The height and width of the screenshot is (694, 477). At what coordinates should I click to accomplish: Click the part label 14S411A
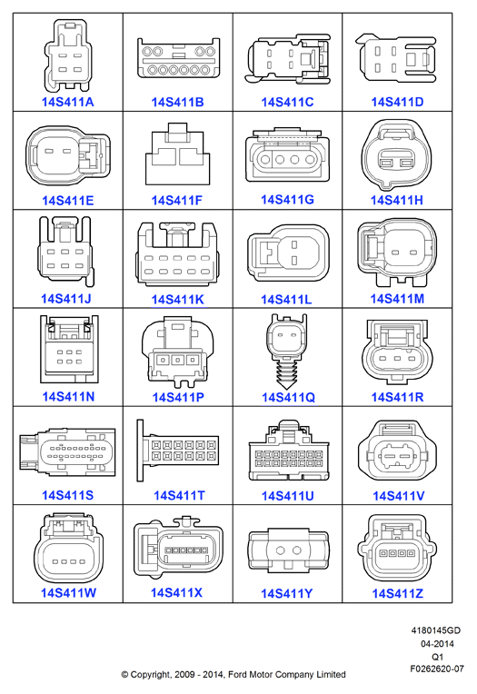coord(67,103)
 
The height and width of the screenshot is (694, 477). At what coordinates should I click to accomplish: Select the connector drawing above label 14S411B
coord(178,58)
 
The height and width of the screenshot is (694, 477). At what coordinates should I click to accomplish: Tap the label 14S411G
coord(287,200)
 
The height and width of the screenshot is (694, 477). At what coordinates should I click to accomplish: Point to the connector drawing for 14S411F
coord(177,154)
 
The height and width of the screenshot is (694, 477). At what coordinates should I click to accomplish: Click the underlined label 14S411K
coord(177,300)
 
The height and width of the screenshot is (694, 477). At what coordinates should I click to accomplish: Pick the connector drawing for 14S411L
coord(288,253)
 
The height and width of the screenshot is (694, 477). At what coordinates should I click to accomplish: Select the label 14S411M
coord(397,299)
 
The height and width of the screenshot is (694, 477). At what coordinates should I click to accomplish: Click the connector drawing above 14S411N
coord(69,349)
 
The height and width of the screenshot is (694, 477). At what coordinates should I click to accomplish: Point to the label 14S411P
coord(178,398)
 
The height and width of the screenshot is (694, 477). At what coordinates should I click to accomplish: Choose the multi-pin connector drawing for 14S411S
coord(67,451)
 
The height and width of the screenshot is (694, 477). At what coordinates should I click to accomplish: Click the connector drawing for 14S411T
coord(177,451)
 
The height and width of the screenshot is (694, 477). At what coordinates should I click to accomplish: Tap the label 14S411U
coord(287,496)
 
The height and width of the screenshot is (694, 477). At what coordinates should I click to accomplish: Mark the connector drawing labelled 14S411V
coord(397,451)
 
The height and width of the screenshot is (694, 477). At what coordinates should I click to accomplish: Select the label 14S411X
coord(176,592)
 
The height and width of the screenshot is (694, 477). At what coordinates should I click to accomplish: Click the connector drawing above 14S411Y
coord(288,550)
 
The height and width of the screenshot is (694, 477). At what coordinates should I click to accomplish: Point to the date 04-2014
coord(437,643)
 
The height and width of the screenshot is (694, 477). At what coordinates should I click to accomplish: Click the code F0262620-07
coord(437,669)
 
